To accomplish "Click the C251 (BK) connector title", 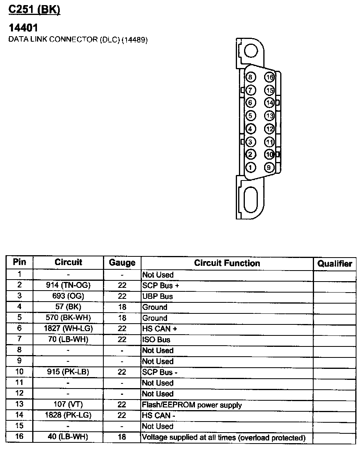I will [x=34, y=10].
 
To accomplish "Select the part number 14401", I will [x=23, y=28].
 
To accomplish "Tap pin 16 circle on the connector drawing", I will [x=269, y=77].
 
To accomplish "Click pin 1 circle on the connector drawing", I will [x=250, y=167].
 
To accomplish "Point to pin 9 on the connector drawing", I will [x=269, y=167].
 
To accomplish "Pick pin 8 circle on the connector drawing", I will [x=250, y=77].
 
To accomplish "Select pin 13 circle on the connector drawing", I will [x=269, y=116].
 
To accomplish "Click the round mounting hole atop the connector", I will [x=250, y=50].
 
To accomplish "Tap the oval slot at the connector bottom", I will [x=250, y=200].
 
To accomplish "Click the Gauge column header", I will [x=122, y=263].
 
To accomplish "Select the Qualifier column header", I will [x=334, y=263].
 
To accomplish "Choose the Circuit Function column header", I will [x=227, y=263].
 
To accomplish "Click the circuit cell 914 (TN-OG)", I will [x=68, y=285].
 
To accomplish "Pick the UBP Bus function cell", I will [x=158, y=296].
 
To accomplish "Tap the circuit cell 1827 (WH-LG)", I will [x=68, y=329].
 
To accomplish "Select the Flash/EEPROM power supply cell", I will [x=192, y=405].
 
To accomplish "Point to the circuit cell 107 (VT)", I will [x=68, y=404].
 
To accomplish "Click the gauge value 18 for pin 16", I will [x=122, y=437].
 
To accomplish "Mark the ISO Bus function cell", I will [x=156, y=340].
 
